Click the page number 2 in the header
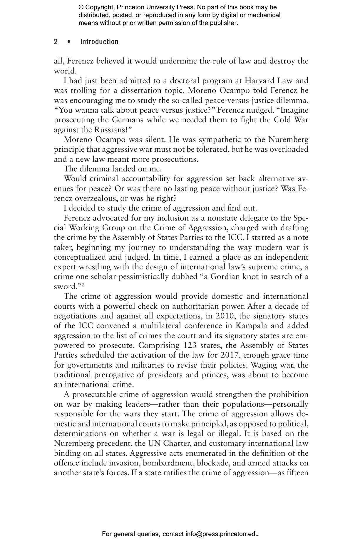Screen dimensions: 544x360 [x=56, y=42]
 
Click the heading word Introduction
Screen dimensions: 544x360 [x=99, y=42]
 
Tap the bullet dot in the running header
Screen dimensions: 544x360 [x=69, y=42]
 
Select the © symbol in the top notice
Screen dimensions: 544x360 [x=81, y=7]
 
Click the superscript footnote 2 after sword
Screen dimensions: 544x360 [x=83, y=285]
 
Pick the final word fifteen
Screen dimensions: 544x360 [x=297, y=473]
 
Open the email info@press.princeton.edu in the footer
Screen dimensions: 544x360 [x=222, y=534]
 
